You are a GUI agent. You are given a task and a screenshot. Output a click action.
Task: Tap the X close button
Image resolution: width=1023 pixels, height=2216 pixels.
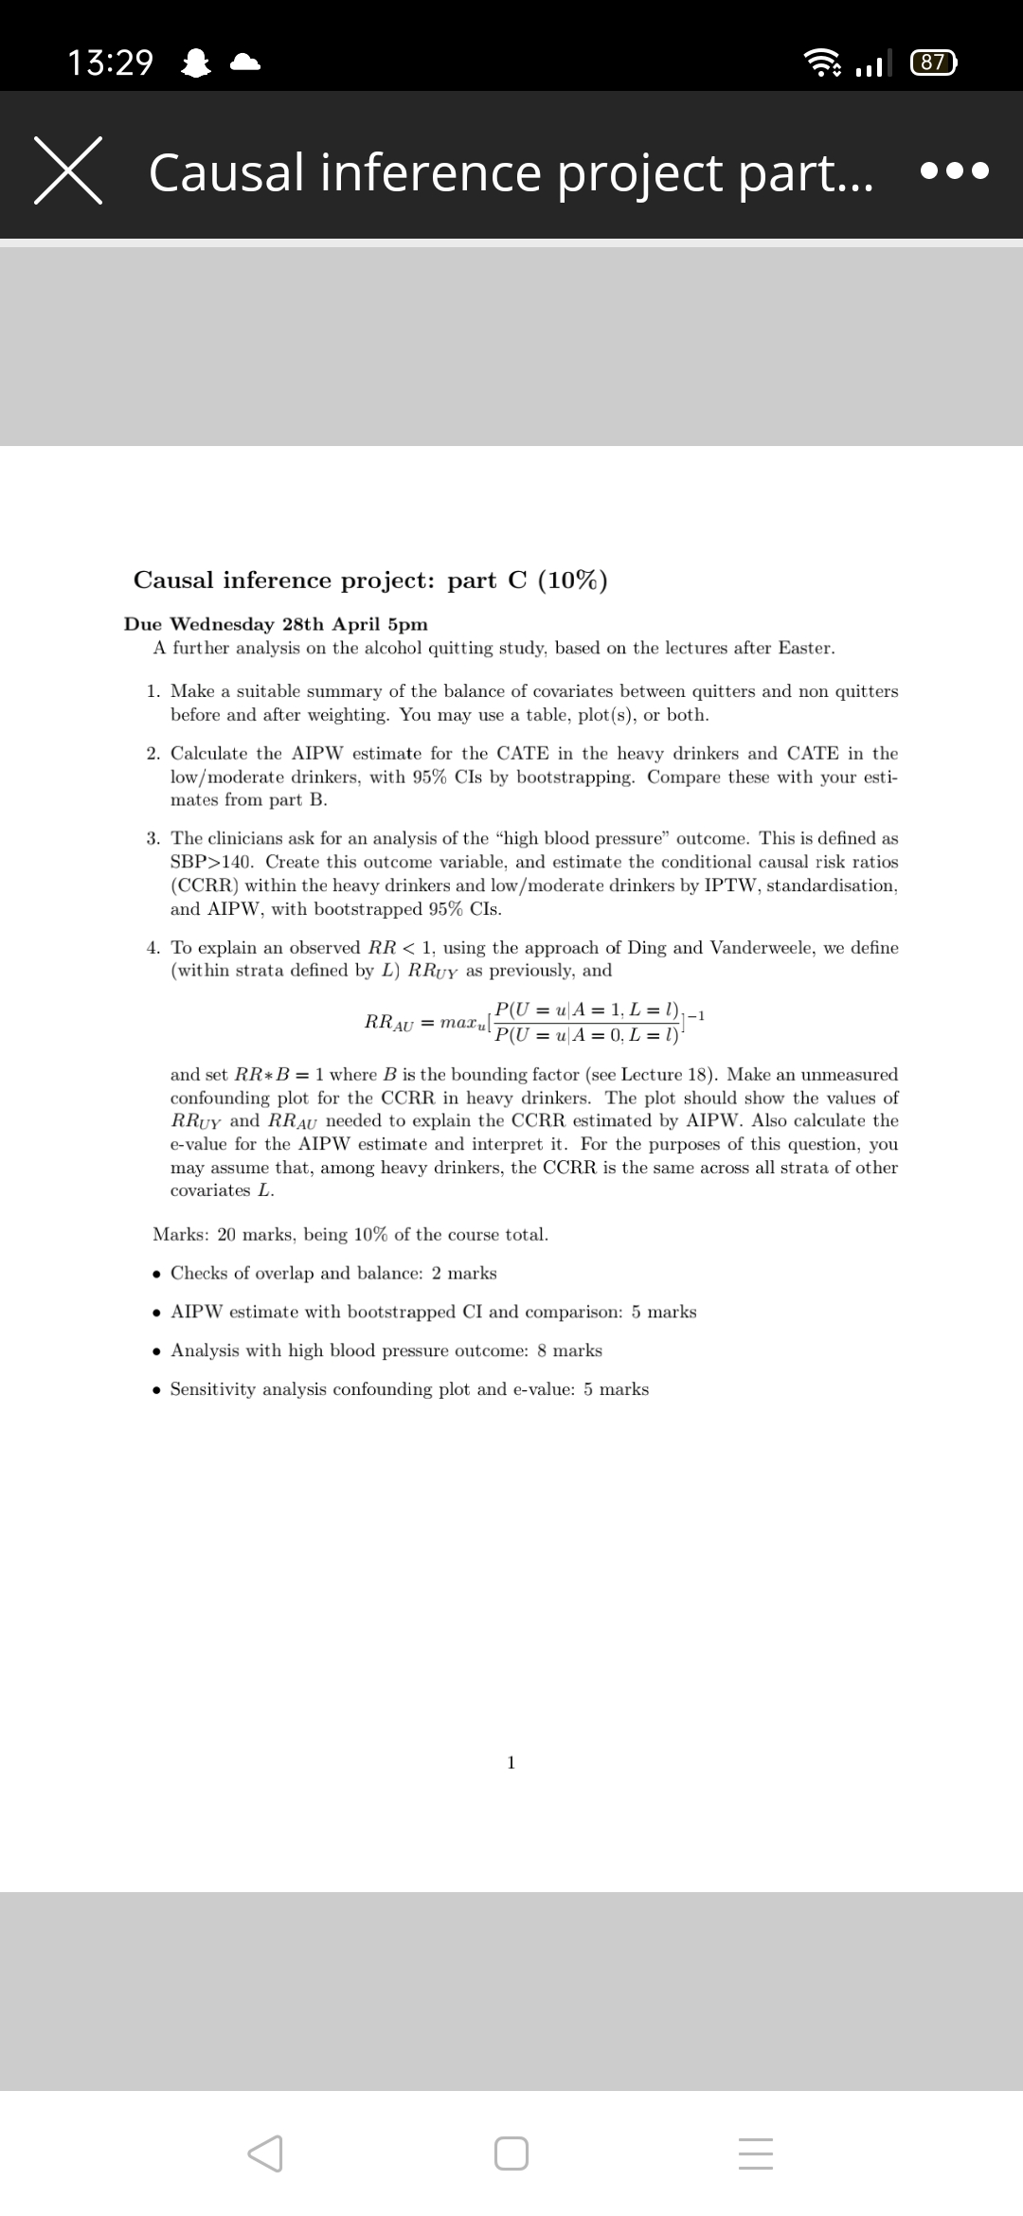click(x=68, y=170)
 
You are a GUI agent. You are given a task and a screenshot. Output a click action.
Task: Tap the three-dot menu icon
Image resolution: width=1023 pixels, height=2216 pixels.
click(x=954, y=171)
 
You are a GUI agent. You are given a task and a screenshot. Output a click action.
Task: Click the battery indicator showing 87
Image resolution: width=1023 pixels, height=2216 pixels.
click(x=933, y=63)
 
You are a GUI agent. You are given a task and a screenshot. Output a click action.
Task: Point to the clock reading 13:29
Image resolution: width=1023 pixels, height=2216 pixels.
click(x=110, y=63)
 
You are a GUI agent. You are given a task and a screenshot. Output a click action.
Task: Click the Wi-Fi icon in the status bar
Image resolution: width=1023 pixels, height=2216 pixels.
click(x=821, y=63)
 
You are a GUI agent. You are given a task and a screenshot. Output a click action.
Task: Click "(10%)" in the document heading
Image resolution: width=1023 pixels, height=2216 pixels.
click(x=572, y=581)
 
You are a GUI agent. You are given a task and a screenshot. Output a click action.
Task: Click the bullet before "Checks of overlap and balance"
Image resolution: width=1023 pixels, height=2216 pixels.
click(x=157, y=1274)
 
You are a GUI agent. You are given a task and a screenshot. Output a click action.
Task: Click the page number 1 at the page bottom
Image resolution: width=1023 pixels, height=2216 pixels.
click(x=511, y=1762)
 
